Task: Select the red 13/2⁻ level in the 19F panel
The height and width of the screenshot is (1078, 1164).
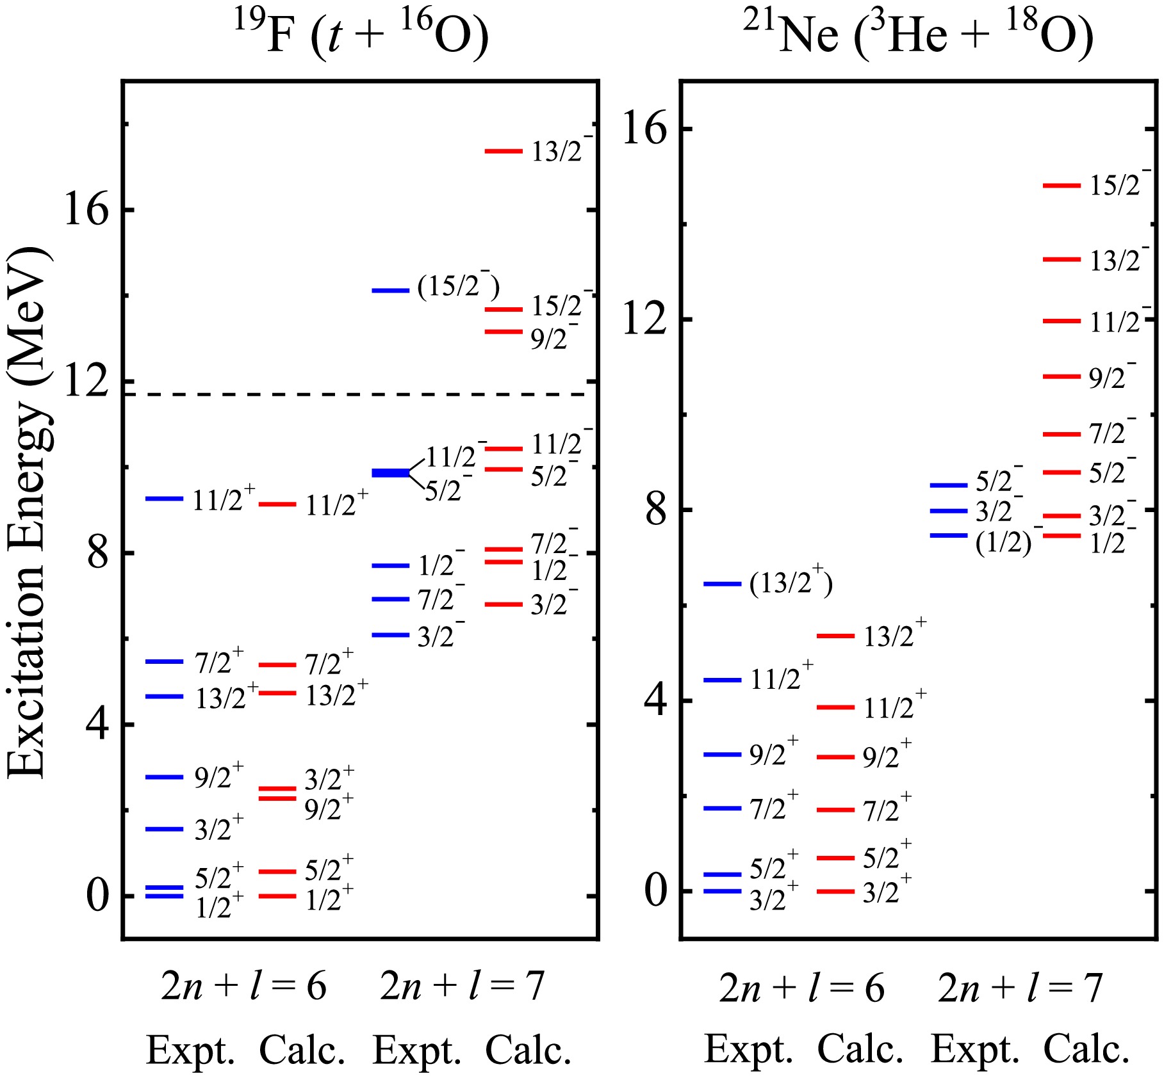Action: coord(504,151)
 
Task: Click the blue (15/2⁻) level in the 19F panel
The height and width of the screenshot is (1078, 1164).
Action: coord(390,291)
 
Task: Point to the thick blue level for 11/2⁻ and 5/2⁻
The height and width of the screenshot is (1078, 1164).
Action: coord(391,472)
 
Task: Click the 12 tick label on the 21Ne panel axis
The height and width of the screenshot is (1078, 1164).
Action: coord(644,319)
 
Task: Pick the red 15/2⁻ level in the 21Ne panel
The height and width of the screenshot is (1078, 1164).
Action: coord(1062,186)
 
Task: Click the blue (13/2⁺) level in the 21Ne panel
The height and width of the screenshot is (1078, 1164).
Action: coord(722,584)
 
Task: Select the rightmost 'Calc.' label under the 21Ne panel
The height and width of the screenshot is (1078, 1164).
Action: coord(1086,1049)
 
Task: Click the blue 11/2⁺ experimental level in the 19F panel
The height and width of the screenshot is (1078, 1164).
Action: coord(165,498)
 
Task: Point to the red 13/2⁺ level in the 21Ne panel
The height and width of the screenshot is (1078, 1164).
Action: coord(835,636)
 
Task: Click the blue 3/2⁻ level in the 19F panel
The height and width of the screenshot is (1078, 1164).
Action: coord(390,634)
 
